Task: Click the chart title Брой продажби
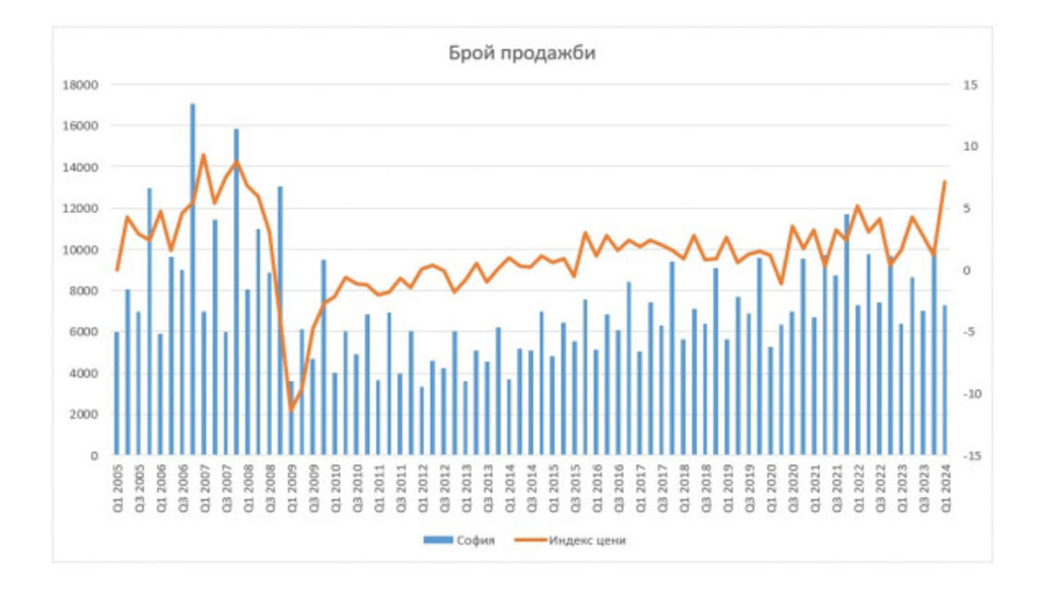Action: tap(521, 53)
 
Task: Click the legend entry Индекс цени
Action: tap(571, 540)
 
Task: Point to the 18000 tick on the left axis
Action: tap(80, 85)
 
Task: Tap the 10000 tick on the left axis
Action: tap(80, 250)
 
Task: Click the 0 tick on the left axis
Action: tap(94, 456)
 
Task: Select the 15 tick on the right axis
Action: tap(970, 85)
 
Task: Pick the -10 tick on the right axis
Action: tap(971, 394)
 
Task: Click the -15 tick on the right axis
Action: tap(971, 456)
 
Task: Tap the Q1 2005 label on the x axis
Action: tap(117, 489)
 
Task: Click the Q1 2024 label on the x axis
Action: tap(946, 489)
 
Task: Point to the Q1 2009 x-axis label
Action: tap(292, 489)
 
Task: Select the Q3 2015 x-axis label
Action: tap(575, 489)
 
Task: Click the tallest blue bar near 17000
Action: tap(193, 279)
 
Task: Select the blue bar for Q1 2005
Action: tap(117, 394)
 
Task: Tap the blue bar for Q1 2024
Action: tap(945, 380)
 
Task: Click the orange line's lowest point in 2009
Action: tap(291, 411)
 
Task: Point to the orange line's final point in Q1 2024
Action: tap(944, 181)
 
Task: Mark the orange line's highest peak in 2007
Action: tap(203, 155)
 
